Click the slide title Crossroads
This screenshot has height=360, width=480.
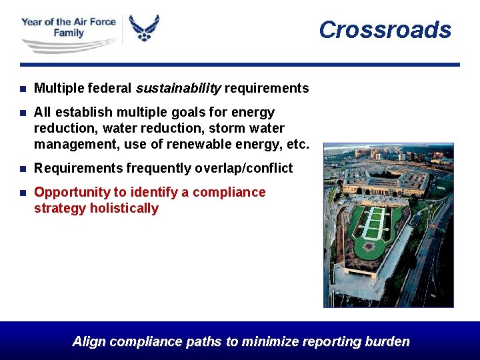pos(385,30)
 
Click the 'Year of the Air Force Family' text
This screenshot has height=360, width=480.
pos(68,27)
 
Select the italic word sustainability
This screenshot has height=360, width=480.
pos(178,88)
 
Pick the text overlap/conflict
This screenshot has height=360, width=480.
pos(243,169)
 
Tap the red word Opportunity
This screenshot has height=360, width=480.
pos(72,192)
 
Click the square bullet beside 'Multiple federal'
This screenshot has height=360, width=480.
pos(23,89)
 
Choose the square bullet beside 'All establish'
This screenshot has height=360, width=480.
pos(23,113)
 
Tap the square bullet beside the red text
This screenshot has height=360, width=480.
pos(23,193)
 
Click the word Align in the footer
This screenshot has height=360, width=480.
pos(89,342)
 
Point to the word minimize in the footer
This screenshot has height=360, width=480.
pos(270,342)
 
